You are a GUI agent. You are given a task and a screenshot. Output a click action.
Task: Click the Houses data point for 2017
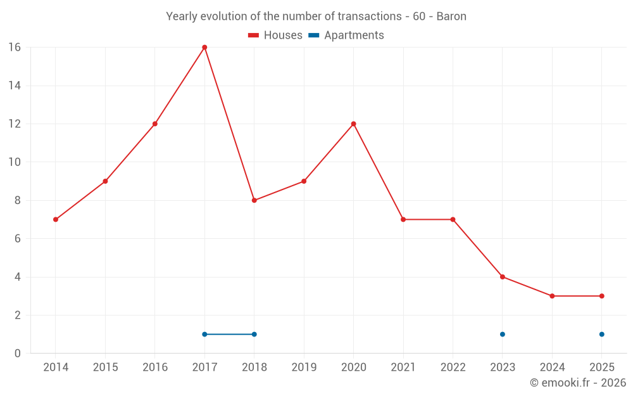click(204, 48)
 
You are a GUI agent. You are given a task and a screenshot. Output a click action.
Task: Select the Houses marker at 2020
click(353, 124)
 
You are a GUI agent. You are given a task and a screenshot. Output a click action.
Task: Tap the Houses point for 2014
click(56, 219)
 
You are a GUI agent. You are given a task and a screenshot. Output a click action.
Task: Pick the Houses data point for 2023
click(502, 277)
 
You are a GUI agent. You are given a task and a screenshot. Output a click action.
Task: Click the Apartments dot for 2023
click(502, 334)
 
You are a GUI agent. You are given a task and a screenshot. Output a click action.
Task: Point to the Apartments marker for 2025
click(601, 334)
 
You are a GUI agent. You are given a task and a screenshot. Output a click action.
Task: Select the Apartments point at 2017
click(204, 334)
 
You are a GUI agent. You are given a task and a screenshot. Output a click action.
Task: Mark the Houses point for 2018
click(254, 200)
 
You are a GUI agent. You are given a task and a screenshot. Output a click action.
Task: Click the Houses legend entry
click(275, 35)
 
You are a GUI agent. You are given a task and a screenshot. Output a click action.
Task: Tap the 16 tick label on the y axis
click(14, 48)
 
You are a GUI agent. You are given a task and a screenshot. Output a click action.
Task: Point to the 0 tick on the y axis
click(17, 353)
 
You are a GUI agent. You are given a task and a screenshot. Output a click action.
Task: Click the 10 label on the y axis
click(14, 162)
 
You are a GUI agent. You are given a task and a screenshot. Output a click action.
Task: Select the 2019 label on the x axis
click(304, 367)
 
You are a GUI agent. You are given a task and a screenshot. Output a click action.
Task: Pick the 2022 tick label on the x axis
click(453, 367)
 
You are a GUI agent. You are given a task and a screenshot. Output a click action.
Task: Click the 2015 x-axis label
click(105, 367)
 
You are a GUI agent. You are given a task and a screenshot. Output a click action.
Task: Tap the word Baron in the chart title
click(451, 16)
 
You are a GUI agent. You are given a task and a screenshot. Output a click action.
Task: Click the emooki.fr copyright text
click(577, 383)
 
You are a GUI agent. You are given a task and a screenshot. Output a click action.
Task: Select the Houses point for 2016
click(155, 124)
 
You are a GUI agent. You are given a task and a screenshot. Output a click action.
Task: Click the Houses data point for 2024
click(552, 296)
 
